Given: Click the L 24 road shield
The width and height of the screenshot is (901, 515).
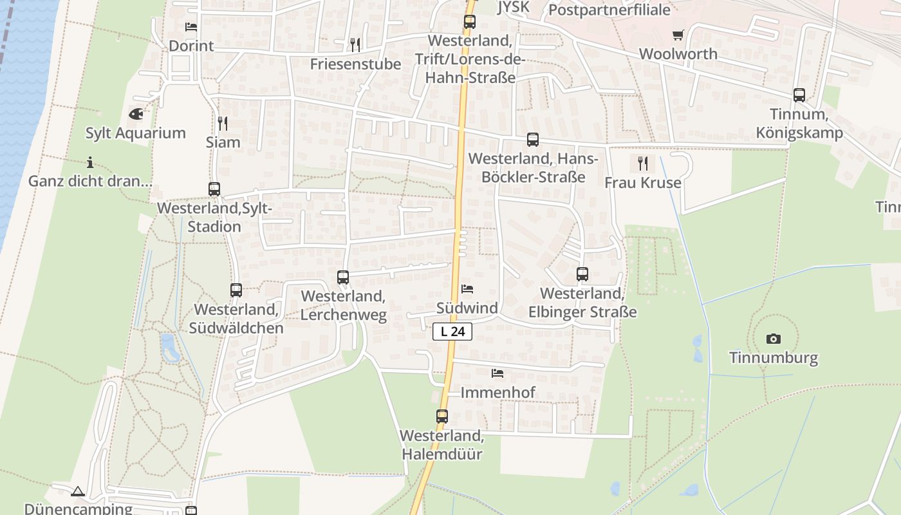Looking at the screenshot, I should [x=452, y=332].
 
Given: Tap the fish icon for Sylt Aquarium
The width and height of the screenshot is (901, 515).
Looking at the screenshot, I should [x=136, y=114].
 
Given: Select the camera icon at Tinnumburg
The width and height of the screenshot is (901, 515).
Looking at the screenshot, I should [x=773, y=339].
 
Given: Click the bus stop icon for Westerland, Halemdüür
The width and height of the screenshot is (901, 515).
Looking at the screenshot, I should [x=442, y=416].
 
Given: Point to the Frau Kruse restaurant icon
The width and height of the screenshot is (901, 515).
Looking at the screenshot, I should [x=642, y=164].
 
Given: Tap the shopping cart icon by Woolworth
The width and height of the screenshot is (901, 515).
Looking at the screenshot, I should [x=678, y=35].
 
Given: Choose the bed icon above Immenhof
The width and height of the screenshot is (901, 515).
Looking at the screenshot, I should [x=497, y=373].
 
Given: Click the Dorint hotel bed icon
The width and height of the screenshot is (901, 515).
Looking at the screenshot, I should [x=191, y=27].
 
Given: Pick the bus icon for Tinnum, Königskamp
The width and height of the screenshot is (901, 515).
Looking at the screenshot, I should [x=799, y=95].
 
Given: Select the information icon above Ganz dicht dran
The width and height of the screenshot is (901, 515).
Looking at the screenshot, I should [x=90, y=162].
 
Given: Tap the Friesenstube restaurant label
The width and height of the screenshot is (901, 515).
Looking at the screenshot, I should [x=355, y=64].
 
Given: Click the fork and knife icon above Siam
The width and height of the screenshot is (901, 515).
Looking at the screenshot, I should [x=223, y=123].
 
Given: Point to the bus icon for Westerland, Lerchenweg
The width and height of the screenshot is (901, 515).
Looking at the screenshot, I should [x=343, y=277].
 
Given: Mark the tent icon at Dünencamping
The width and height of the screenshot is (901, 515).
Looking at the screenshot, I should [x=78, y=491].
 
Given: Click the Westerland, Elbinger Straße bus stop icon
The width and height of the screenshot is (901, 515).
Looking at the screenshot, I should [x=582, y=274].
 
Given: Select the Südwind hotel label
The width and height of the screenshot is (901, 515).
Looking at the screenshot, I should [x=467, y=308].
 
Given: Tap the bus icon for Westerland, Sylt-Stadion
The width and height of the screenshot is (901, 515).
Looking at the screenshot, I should [x=214, y=189].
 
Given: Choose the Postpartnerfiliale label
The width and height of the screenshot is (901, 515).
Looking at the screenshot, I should [x=609, y=10].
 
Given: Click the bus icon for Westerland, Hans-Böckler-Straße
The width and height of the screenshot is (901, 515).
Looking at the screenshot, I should [x=533, y=140].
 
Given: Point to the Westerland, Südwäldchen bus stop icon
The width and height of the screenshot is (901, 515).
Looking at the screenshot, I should [x=236, y=290].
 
